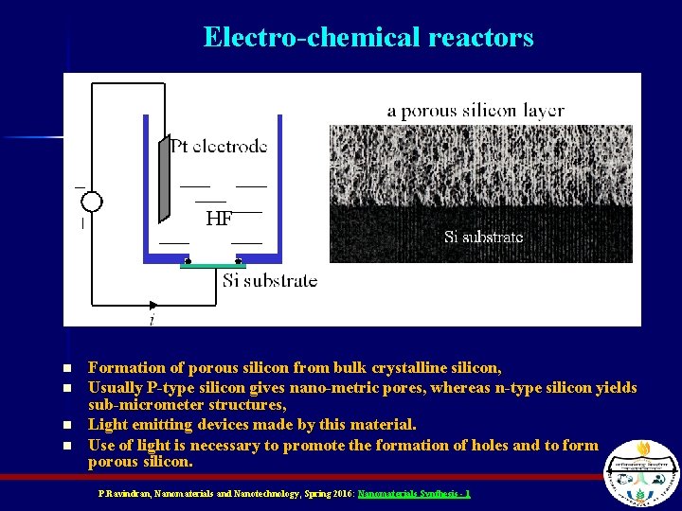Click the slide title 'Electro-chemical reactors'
point(368,38)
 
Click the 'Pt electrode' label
point(219,146)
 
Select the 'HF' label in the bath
point(219,220)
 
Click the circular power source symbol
point(91,202)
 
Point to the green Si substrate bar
point(213,266)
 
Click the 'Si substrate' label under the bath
point(270,281)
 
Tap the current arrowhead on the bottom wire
point(153,306)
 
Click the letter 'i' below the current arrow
point(152,321)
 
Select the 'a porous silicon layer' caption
point(476,111)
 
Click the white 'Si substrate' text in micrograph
point(483,237)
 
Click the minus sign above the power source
point(80,186)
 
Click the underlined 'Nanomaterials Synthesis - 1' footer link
point(414,494)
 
